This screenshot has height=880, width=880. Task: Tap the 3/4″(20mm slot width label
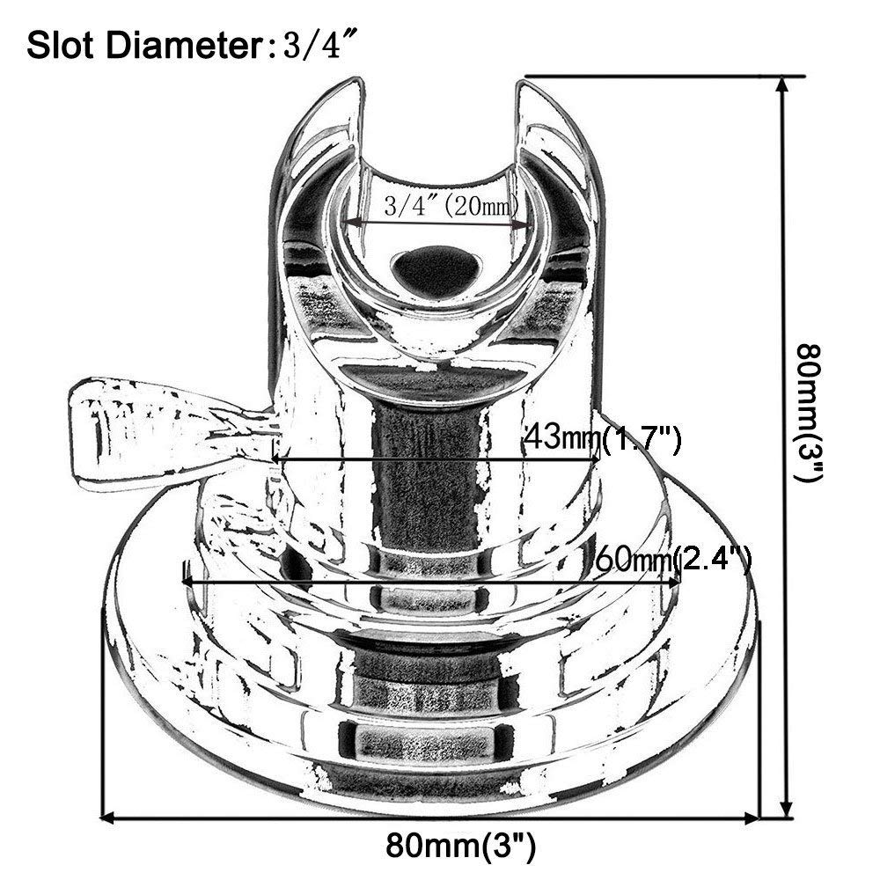coord(436,207)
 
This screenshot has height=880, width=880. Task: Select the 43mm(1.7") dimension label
coord(603,437)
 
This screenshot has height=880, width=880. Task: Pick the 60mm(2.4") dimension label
coord(673,558)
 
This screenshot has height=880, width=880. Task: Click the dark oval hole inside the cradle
coord(437,268)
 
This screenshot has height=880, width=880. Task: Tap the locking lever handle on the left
coord(132,431)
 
